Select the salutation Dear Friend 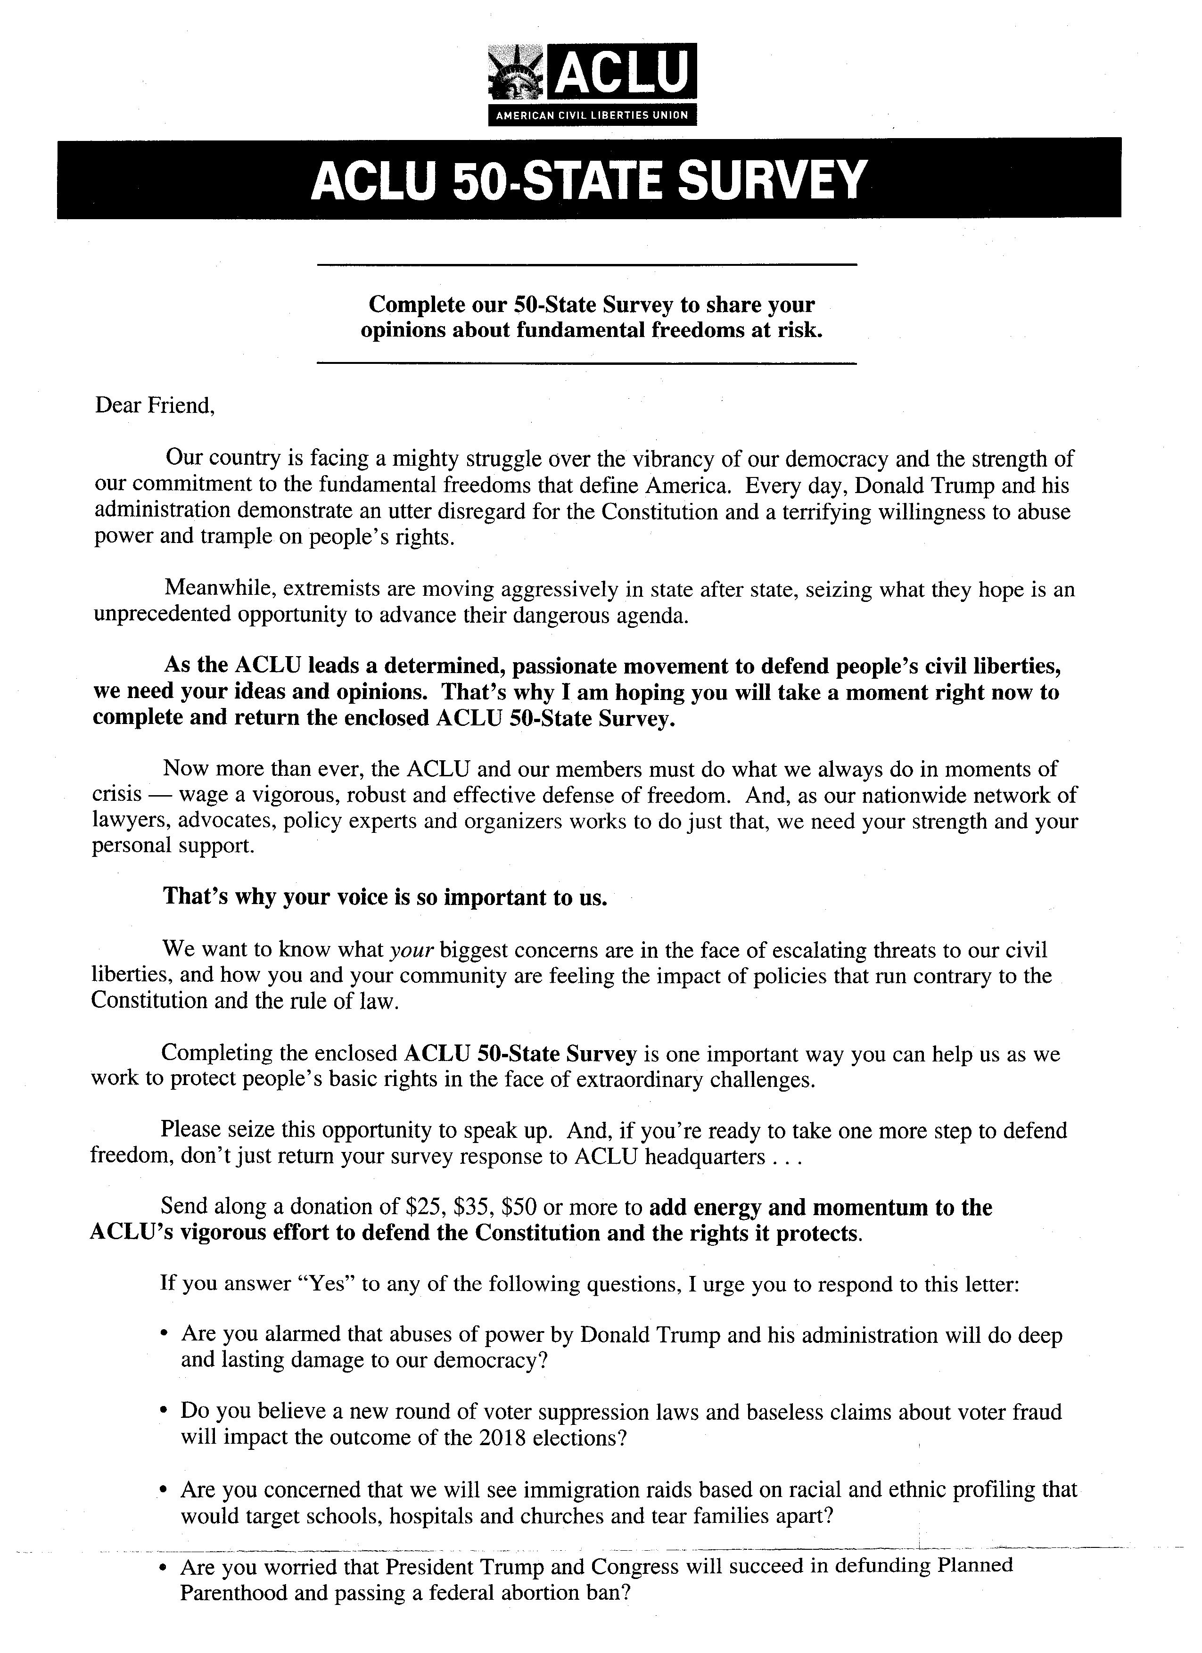[x=155, y=405]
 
